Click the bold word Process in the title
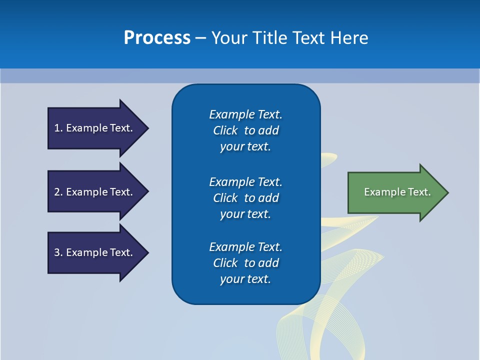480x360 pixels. coord(157,38)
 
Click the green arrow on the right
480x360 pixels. coord(395,192)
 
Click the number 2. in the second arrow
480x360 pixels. coord(58,192)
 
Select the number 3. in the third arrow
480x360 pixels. coord(58,252)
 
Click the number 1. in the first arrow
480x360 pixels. coord(58,128)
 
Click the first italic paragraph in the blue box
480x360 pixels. coord(245,130)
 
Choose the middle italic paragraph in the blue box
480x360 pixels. coord(245,198)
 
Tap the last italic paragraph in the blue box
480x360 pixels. coord(245,263)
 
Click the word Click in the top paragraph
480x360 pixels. coord(225,131)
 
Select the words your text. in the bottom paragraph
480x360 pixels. coord(245,279)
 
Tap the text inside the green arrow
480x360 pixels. coord(397,192)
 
